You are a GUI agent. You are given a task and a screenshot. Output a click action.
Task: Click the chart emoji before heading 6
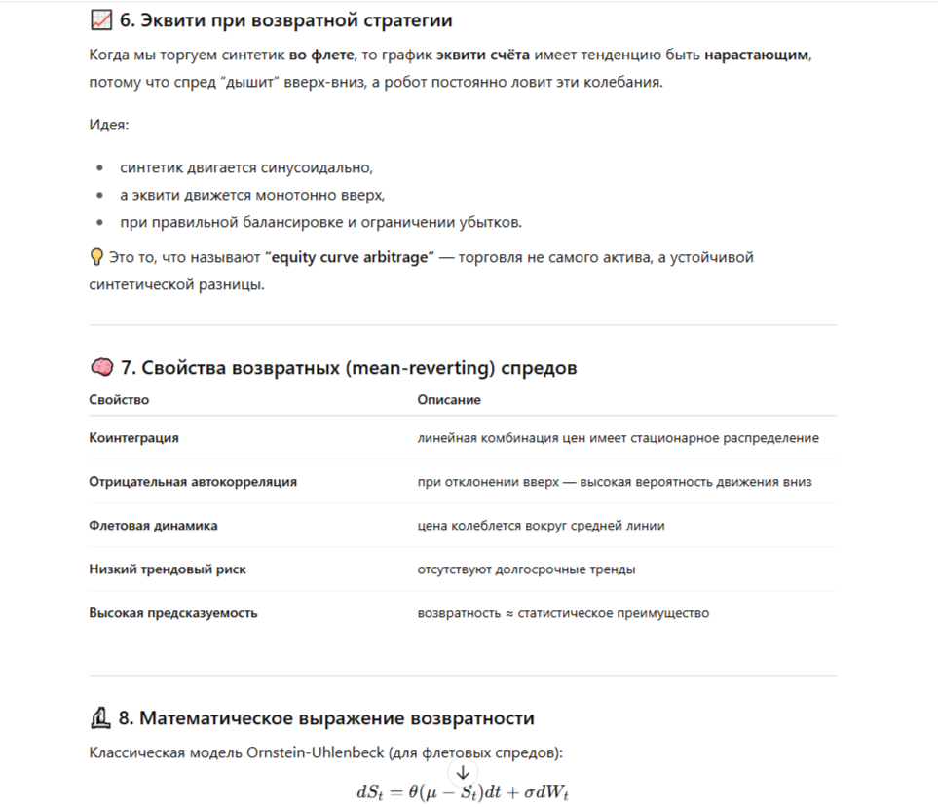(100, 19)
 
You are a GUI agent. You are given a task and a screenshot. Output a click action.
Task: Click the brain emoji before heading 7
(100, 367)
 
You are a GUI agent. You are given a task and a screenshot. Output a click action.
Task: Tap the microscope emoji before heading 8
(99, 718)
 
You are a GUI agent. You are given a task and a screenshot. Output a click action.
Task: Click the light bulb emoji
(96, 257)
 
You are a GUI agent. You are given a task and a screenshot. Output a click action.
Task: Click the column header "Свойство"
(119, 400)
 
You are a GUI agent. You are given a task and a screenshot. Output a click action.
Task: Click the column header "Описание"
(449, 400)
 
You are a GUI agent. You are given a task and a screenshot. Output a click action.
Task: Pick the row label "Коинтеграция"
(133, 438)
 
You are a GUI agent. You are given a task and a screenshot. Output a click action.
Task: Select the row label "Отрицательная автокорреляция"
(193, 482)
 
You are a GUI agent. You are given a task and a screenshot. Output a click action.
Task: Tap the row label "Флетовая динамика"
(153, 526)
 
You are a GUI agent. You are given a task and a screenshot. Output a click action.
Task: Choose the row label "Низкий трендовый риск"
(168, 569)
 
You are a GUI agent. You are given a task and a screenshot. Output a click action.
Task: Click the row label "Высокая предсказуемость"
(173, 613)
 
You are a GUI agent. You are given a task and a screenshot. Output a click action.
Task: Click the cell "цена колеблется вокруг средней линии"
(541, 526)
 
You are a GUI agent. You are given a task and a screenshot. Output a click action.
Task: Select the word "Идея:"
(108, 126)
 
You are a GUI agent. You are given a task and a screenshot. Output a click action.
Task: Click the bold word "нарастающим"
(756, 55)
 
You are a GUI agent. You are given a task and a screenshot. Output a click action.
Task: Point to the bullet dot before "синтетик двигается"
(99, 167)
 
